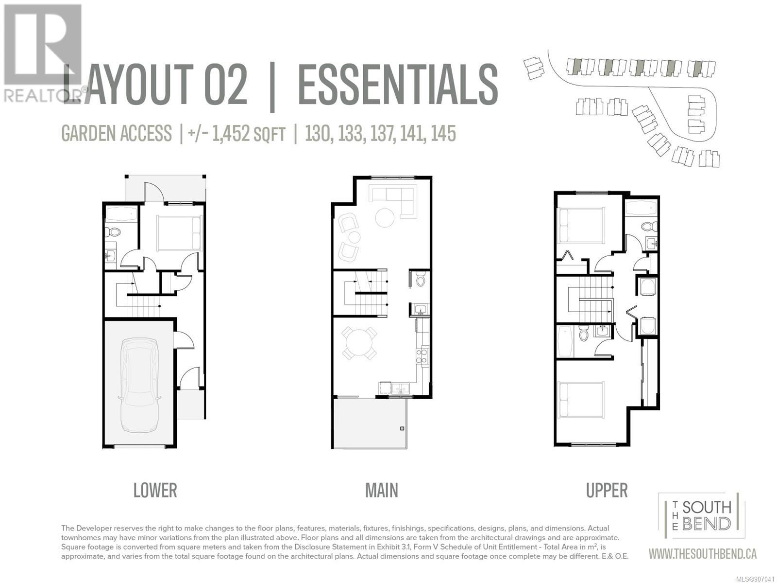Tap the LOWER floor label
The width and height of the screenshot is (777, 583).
point(155,491)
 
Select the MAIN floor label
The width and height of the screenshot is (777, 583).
point(381,491)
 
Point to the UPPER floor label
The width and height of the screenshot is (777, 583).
point(607,491)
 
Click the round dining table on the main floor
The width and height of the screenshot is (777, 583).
point(359,343)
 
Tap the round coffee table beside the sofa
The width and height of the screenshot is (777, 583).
point(385,218)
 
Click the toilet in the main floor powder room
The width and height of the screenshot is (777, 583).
point(421,279)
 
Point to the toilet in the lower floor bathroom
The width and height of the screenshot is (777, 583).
point(113,232)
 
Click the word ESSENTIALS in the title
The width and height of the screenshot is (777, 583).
point(398,84)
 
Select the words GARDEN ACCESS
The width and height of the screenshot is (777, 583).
point(117,134)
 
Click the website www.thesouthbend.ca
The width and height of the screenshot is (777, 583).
point(702,554)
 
